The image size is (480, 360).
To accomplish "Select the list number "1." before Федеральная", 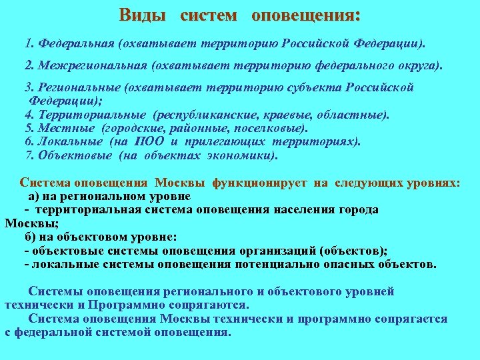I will click(29, 44).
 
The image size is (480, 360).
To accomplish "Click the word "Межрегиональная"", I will click(93, 66).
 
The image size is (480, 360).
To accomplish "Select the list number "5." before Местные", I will click(29, 128).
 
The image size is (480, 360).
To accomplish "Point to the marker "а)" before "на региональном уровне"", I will click(35, 196).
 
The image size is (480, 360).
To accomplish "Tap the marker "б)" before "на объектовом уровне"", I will click(31, 237).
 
